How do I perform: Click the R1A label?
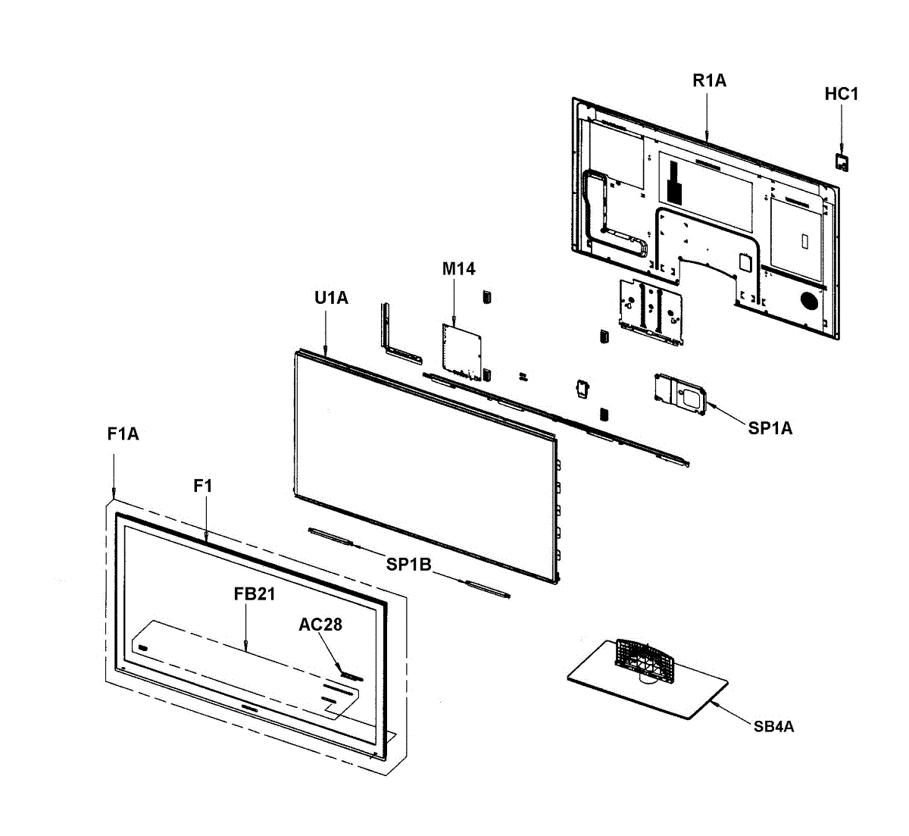coord(709,81)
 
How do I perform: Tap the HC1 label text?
coord(841,95)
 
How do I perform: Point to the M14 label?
coord(459,269)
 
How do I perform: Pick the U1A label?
coord(331,299)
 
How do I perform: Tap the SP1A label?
coord(770,429)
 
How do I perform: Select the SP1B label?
coord(408,565)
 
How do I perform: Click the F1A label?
coord(123,434)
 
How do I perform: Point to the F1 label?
coord(202,487)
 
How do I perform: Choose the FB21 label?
coord(254,594)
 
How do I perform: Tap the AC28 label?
coord(320,625)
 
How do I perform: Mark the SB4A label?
coord(773,727)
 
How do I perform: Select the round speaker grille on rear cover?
coord(809,300)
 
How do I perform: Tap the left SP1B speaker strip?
coord(330,537)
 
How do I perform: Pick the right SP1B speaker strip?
coord(489,588)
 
